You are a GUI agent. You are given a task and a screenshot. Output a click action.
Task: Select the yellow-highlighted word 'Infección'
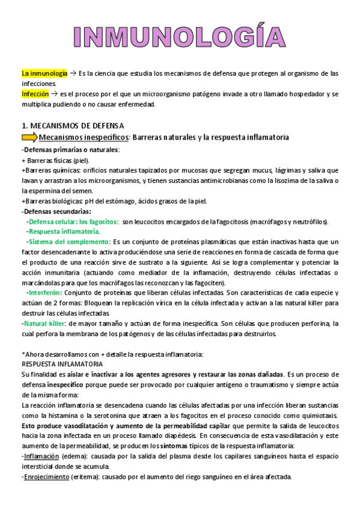click(x=35, y=95)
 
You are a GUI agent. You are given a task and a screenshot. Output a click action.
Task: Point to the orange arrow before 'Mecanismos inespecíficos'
click(x=28, y=138)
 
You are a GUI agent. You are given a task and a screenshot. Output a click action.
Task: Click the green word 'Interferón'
click(x=44, y=293)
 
